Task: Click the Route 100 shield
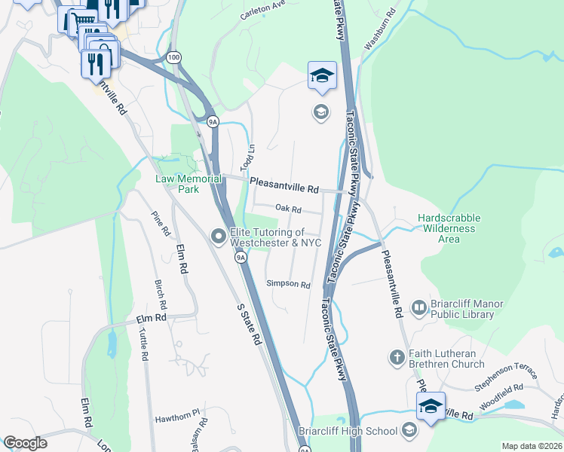[174, 57]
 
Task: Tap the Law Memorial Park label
[177, 184]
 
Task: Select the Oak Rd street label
[288, 209]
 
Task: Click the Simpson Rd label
[288, 285]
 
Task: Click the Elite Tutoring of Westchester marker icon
[219, 237]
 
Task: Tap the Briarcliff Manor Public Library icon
[419, 307]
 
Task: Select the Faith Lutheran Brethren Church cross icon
[397, 356]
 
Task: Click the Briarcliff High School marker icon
[409, 431]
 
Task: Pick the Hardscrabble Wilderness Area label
[449, 228]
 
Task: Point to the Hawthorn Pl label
[176, 412]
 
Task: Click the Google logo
[26, 443]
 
